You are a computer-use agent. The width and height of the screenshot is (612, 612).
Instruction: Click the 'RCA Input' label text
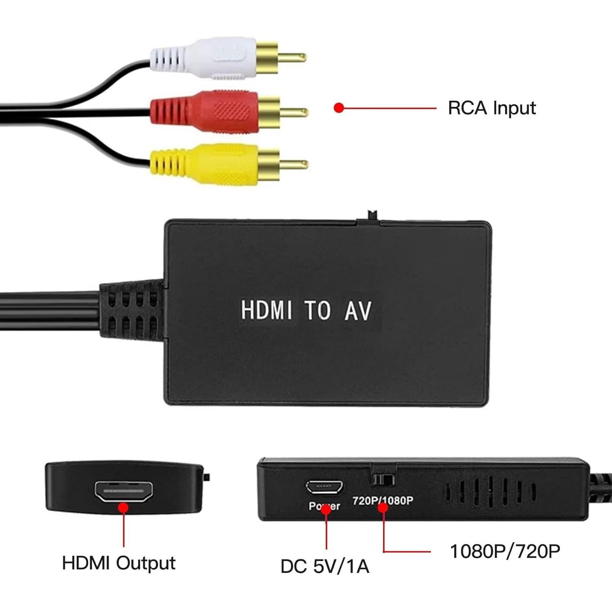[492, 108]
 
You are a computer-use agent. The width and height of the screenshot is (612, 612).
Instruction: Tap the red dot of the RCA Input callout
[339, 108]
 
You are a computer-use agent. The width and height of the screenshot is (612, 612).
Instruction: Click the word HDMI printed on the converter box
[266, 310]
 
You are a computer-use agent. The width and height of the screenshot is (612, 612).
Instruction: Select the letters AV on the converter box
[358, 311]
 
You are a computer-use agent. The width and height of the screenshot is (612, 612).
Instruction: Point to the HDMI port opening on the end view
[124, 491]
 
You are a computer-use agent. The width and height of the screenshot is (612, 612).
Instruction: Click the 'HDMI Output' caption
[119, 563]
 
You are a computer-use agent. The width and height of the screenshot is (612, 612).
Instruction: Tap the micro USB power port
[324, 487]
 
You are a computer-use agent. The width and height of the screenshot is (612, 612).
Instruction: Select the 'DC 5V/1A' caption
[325, 566]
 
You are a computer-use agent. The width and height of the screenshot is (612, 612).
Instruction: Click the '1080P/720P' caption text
[505, 551]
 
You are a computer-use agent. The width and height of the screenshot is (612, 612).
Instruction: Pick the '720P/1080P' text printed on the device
[383, 500]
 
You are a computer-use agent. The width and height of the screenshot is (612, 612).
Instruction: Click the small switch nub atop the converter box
[372, 215]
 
